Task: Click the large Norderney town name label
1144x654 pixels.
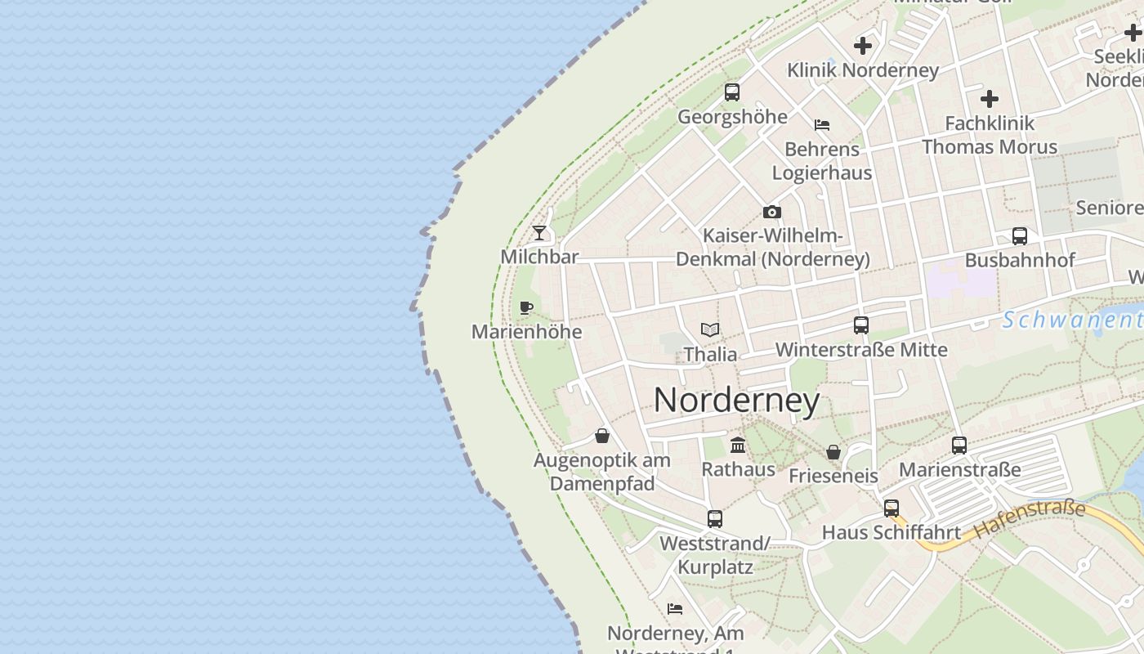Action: pyautogui.click(x=736, y=401)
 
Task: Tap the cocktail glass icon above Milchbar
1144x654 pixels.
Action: pyautogui.click(x=539, y=233)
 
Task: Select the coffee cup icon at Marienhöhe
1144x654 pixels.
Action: pyautogui.click(x=526, y=308)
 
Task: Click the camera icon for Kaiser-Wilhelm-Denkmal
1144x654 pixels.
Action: pyautogui.click(x=771, y=213)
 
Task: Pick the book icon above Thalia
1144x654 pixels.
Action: pyautogui.click(x=710, y=330)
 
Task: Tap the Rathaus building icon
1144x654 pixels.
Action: pyautogui.click(x=738, y=445)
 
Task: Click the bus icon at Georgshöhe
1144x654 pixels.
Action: pyautogui.click(x=732, y=92)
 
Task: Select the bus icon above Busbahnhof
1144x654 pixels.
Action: pyautogui.click(x=1019, y=236)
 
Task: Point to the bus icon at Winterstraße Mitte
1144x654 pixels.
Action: pyautogui.click(x=860, y=325)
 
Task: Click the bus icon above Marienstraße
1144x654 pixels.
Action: pyautogui.click(x=959, y=446)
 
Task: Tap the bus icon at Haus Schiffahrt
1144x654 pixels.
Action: pyautogui.click(x=891, y=508)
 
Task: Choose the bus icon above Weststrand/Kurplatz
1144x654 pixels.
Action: pyautogui.click(x=715, y=518)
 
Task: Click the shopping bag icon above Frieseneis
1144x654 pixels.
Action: pyautogui.click(x=833, y=452)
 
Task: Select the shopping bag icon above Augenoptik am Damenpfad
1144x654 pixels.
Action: pyautogui.click(x=602, y=436)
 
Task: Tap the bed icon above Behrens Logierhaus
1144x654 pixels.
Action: pyautogui.click(x=822, y=125)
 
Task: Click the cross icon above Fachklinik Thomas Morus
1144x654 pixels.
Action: pyautogui.click(x=990, y=99)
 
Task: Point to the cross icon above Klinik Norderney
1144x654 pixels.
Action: pyautogui.click(x=863, y=46)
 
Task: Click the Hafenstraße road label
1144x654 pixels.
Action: pyautogui.click(x=1029, y=519)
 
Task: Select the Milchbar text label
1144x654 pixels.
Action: pyautogui.click(x=539, y=257)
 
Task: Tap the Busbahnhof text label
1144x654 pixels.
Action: pyautogui.click(x=1019, y=260)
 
